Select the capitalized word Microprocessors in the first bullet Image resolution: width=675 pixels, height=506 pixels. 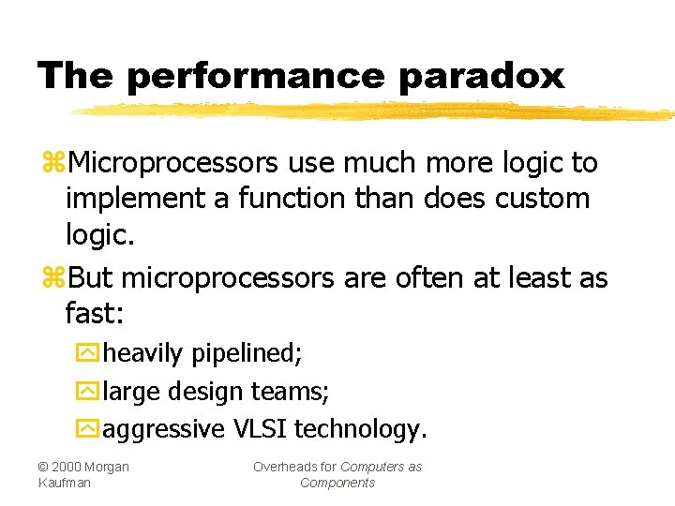[x=173, y=163]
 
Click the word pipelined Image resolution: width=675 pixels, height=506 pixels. [x=246, y=354]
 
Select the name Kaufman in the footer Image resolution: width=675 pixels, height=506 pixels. [x=65, y=483]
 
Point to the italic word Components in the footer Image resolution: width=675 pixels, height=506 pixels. [x=337, y=483]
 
